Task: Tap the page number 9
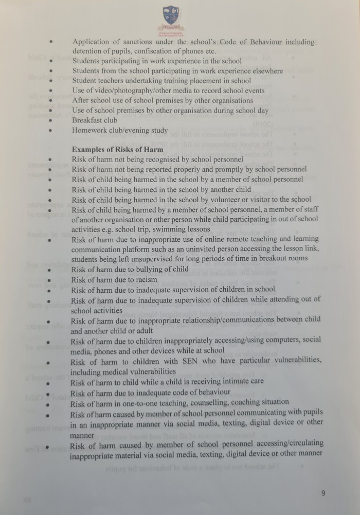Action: click(323, 493)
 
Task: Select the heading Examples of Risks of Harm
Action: click(117, 150)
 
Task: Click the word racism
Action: click(145, 280)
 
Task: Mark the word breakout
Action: click(273, 258)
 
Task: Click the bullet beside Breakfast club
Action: click(51, 121)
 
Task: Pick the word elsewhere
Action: click(266, 71)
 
